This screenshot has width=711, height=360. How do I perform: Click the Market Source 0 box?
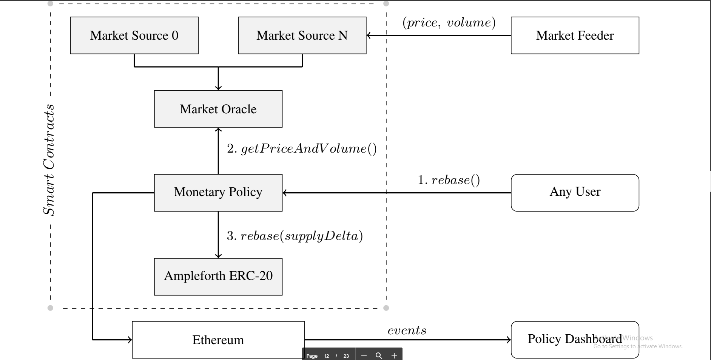click(x=134, y=36)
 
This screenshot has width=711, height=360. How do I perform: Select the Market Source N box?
click(x=302, y=36)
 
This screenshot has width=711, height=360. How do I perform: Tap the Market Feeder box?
click(x=575, y=36)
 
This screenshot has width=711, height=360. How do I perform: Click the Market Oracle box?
click(x=218, y=109)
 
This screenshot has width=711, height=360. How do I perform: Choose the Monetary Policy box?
click(x=218, y=192)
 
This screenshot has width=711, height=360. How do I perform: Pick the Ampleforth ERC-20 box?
click(x=218, y=276)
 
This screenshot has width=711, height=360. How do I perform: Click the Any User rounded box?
click(x=575, y=192)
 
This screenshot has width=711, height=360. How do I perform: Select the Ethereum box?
click(x=218, y=340)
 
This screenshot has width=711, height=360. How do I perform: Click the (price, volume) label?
click(x=449, y=23)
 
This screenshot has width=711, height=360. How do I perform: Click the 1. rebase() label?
click(x=449, y=180)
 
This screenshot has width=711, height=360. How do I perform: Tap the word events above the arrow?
click(x=407, y=331)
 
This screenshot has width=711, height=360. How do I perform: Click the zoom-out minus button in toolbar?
click(x=364, y=356)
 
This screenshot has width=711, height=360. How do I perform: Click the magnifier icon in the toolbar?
click(x=379, y=356)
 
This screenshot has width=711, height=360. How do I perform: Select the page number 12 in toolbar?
click(x=327, y=356)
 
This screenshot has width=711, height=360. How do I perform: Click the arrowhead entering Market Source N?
click(x=369, y=36)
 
